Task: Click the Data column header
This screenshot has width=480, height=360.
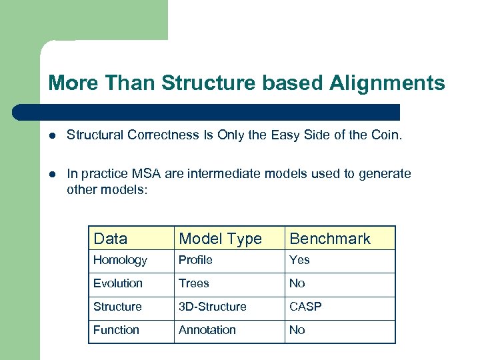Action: click(111, 239)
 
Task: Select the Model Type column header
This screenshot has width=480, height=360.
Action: click(220, 239)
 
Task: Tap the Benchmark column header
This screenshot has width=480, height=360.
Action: click(330, 239)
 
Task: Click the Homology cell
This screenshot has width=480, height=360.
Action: click(120, 260)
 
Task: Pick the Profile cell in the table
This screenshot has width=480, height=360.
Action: click(195, 260)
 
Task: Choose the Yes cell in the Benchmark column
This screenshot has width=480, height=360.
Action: click(299, 260)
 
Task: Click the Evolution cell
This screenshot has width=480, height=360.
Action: click(118, 283)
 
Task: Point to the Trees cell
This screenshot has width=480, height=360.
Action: click(194, 283)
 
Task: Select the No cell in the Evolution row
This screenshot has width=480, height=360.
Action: click(297, 283)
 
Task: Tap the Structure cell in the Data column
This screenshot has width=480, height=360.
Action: click(117, 307)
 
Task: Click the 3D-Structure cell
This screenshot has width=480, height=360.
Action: click(213, 307)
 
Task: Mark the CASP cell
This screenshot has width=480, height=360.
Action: click(305, 307)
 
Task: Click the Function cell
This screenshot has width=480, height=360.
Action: click(116, 330)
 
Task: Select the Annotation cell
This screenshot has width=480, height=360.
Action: click(207, 330)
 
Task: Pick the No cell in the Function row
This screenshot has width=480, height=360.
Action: click(297, 330)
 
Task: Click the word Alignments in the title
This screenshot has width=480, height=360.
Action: click(387, 83)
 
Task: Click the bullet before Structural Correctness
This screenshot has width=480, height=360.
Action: click(53, 136)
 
